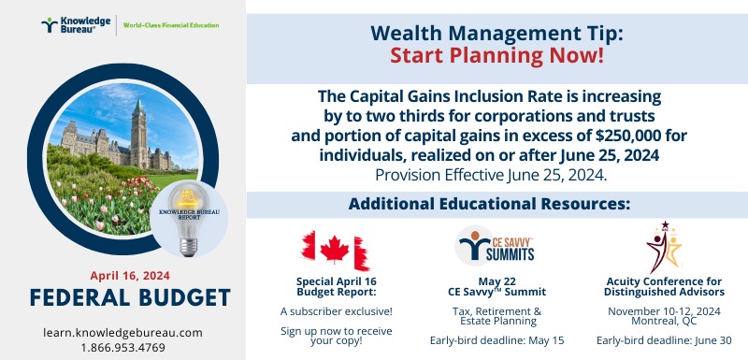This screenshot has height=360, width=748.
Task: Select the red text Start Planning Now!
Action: (496, 55)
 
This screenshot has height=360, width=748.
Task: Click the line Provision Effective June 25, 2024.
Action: (496, 174)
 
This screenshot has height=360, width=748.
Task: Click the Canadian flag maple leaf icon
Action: (335, 249)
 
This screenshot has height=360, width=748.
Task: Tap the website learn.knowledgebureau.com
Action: (122, 332)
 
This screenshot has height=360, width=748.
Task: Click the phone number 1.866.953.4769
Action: (122, 347)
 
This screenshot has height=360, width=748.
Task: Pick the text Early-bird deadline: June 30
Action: (664, 339)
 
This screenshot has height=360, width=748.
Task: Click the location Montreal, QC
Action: (664, 322)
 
